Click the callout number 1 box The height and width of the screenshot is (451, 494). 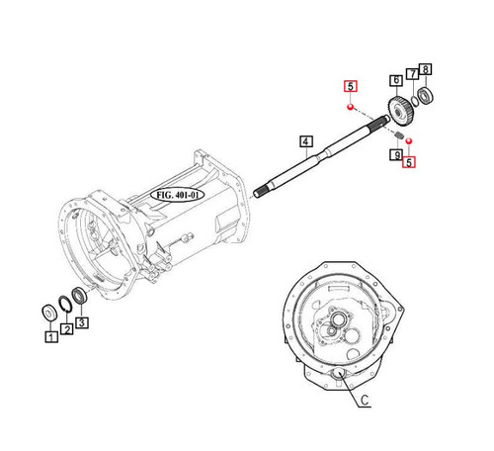click(49, 336)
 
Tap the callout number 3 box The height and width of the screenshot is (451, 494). click(82, 321)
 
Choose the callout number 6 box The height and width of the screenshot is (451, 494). click(395, 80)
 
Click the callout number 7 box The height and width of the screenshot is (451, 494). click(412, 75)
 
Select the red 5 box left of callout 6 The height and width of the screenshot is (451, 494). click(349, 85)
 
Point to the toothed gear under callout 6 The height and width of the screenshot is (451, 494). click(399, 109)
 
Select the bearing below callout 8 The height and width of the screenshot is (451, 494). click(426, 95)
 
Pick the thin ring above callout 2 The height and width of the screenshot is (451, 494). click(64, 305)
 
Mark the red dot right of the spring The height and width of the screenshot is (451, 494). click(409, 141)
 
